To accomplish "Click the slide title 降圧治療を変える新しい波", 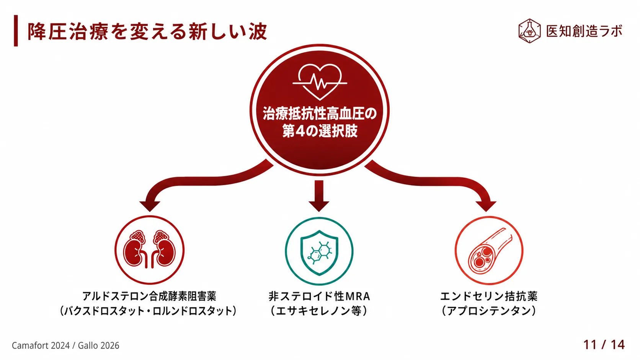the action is click(147, 31).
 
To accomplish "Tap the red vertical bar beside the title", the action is click(16, 31).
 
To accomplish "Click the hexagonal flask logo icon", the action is click(529, 31).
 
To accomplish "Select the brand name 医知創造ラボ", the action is click(584, 31).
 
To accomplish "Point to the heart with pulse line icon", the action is click(320, 82).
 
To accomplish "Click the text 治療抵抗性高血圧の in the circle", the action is click(320, 114).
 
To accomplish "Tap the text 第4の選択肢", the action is click(320, 131).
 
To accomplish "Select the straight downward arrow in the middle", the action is click(319, 196).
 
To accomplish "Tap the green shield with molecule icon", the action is click(319, 251).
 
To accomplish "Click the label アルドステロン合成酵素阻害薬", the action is click(149, 296).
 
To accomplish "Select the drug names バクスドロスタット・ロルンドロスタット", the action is click(148, 311).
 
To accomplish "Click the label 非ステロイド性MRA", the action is click(319, 296).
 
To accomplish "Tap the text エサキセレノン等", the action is click(319, 311).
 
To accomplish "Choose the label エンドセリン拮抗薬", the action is click(489, 296).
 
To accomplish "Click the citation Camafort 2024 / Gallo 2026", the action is click(65, 346).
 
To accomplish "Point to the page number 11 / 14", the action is click(604, 345).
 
